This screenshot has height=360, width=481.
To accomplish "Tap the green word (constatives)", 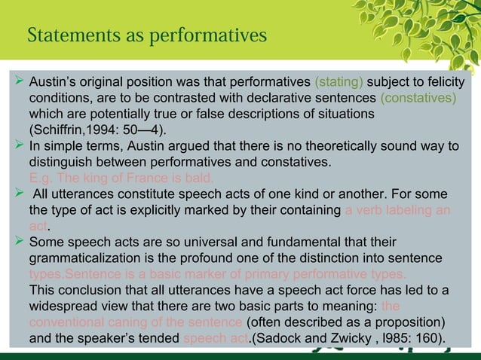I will (418, 99).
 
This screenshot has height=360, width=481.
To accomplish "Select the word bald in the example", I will (199, 178).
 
